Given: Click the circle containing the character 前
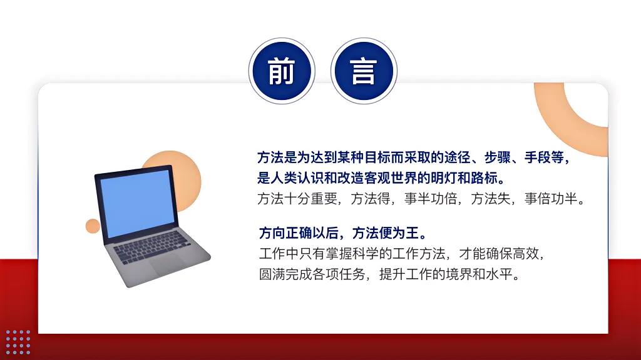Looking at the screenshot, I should pyautogui.click(x=281, y=71).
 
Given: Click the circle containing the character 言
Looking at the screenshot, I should pyautogui.click(x=364, y=71).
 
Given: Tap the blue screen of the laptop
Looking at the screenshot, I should pyautogui.click(x=137, y=203).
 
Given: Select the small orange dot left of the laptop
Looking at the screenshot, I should pyautogui.click(x=93, y=226).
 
